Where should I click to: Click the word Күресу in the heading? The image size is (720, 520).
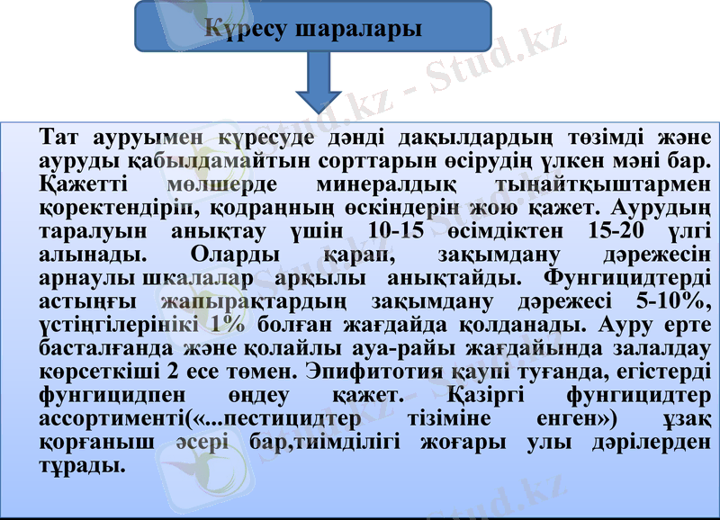[x=248, y=28]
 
